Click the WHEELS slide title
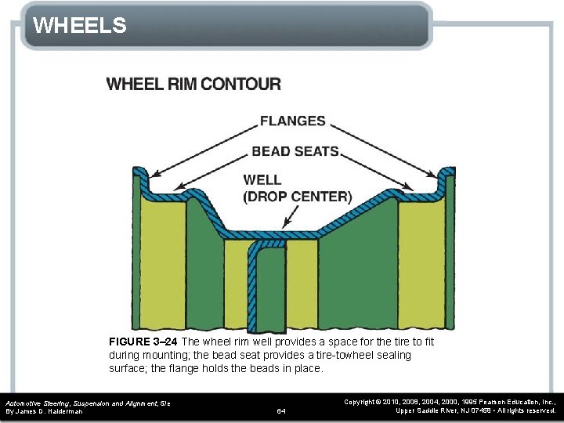point(80,26)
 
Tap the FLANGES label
point(292,121)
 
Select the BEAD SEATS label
point(295,151)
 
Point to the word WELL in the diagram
point(262,180)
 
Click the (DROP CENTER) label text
point(297,197)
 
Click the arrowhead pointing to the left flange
point(153,174)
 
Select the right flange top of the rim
point(447,172)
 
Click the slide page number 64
point(282,410)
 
